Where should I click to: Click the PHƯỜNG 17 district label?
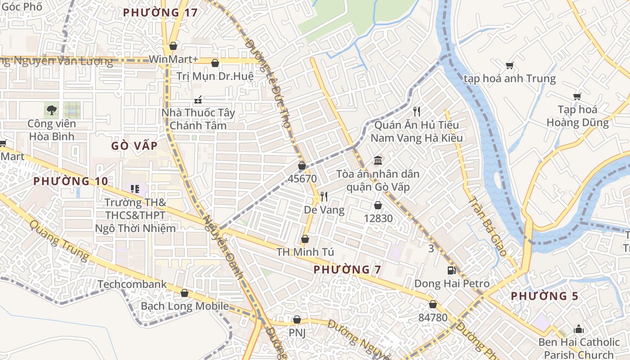point(161,13)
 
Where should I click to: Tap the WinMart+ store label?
point(173,59)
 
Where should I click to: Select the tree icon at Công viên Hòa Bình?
point(52,109)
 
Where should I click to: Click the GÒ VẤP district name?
point(135,146)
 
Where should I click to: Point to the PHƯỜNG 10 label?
point(71,181)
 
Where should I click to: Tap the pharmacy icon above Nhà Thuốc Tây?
point(198,99)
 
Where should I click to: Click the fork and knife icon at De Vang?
point(324,197)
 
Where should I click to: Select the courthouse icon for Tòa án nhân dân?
point(378,161)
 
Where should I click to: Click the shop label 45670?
point(302,179)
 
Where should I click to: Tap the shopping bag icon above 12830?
point(378,206)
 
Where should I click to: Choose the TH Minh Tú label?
point(305,252)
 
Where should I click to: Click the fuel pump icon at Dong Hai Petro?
point(451,270)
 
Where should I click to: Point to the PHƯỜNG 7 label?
point(347,270)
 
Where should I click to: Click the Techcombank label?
point(132,284)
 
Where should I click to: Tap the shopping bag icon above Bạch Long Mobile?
point(184,293)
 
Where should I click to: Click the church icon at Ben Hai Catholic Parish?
point(579,329)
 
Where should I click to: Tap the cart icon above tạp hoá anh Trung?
point(510,66)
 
